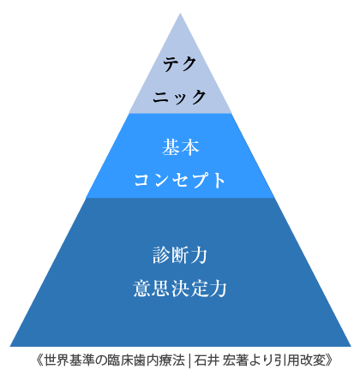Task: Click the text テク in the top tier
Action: point(180,63)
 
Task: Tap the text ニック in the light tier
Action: point(179,97)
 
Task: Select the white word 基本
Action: point(180,147)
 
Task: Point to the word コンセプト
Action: point(180,180)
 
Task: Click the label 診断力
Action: point(180,255)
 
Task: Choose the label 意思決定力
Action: point(180,289)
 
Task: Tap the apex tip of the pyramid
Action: point(180,13)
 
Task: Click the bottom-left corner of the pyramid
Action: point(10,346)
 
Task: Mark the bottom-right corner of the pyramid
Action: point(351,346)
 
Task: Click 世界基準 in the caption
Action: point(69,360)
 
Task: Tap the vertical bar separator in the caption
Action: point(189,360)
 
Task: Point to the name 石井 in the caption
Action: point(207,360)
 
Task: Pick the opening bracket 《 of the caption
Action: point(40,360)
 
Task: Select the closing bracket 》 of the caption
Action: point(329,360)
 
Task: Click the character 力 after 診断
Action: point(199,255)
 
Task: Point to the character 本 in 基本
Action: point(190,147)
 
